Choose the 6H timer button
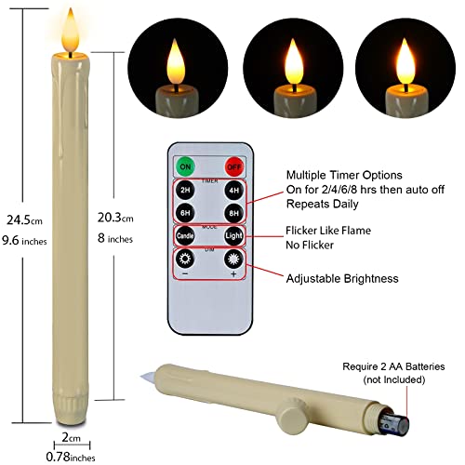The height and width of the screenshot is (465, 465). [x=186, y=213]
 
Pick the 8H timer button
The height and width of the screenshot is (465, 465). [x=232, y=213]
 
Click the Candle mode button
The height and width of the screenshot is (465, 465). [x=186, y=236]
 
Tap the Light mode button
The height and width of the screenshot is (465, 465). [x=232, y=236]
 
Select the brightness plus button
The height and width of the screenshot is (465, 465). [x=232, y=265]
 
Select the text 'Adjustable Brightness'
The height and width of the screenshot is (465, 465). [x=341, y=278]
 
